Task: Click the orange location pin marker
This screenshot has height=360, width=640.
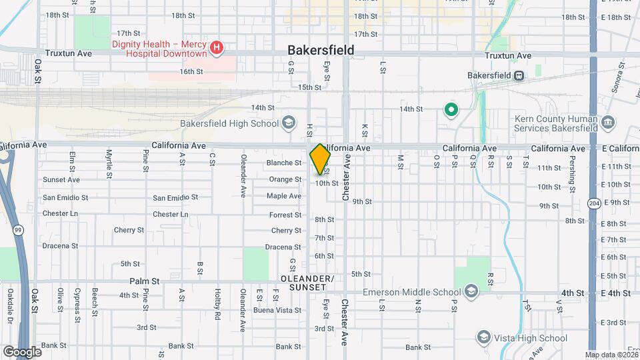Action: click(x=320, y=159)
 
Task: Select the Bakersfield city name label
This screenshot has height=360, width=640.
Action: click(x=321, y=50)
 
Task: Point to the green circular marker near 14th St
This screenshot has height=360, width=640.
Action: click(x=451, y=109)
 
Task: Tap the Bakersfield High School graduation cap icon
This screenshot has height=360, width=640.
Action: click(x=288, y=123)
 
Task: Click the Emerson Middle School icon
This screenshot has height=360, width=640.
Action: click(x=471, y=291)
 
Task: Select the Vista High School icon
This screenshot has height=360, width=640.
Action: click(x=484, y=338)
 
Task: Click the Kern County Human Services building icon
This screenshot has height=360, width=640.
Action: click(x=607, y=123)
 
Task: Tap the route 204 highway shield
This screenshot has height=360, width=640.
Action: click(x=594, y=202)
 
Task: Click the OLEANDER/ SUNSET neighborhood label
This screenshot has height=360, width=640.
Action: click(x=307, y=282)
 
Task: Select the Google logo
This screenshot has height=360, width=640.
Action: click(x=21, y=351)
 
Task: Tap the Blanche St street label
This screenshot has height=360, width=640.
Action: click(x=284, y=163)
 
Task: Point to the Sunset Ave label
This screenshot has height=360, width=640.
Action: click(x=61, y=179)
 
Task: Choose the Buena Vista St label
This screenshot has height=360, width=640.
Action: click(x=277, y=310)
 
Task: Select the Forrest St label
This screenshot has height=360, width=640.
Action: click(x=285, y=215)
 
